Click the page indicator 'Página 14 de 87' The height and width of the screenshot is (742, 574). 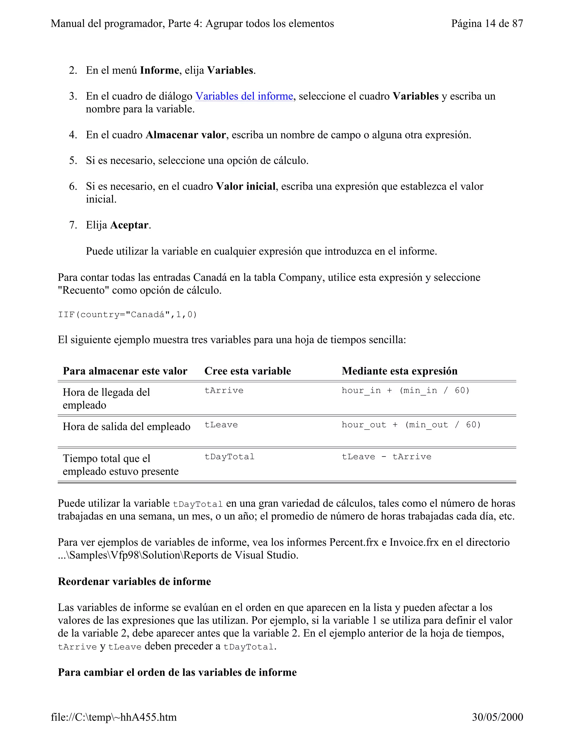pos(487,24)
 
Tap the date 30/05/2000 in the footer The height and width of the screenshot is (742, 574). pos(497,717)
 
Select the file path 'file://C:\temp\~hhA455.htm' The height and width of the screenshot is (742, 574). pos(114,717)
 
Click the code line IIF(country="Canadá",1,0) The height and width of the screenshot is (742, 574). pos(128,315)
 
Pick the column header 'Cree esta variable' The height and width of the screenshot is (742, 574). pos(247,371)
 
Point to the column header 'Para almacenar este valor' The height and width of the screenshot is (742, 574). pos(125,371)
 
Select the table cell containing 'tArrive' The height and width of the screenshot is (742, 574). pos(224,390)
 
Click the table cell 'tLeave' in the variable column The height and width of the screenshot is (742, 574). pos(221,425)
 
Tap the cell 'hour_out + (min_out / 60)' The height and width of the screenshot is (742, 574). pos(411,425)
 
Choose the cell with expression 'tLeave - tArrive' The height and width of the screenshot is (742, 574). pos(386,457)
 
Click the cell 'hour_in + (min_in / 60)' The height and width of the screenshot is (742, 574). pos(405,390)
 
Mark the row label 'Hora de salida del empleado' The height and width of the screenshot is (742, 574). pos(126,426)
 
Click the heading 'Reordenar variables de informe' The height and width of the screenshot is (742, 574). pos(134,581)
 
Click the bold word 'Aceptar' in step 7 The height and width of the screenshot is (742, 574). pos(129,225)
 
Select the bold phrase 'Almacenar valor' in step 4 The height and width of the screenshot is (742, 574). pos(185,135)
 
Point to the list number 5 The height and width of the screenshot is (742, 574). pos(73,160)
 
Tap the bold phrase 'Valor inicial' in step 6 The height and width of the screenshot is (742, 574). pos(246,186)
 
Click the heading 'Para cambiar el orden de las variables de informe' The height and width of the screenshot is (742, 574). pos(177,672)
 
